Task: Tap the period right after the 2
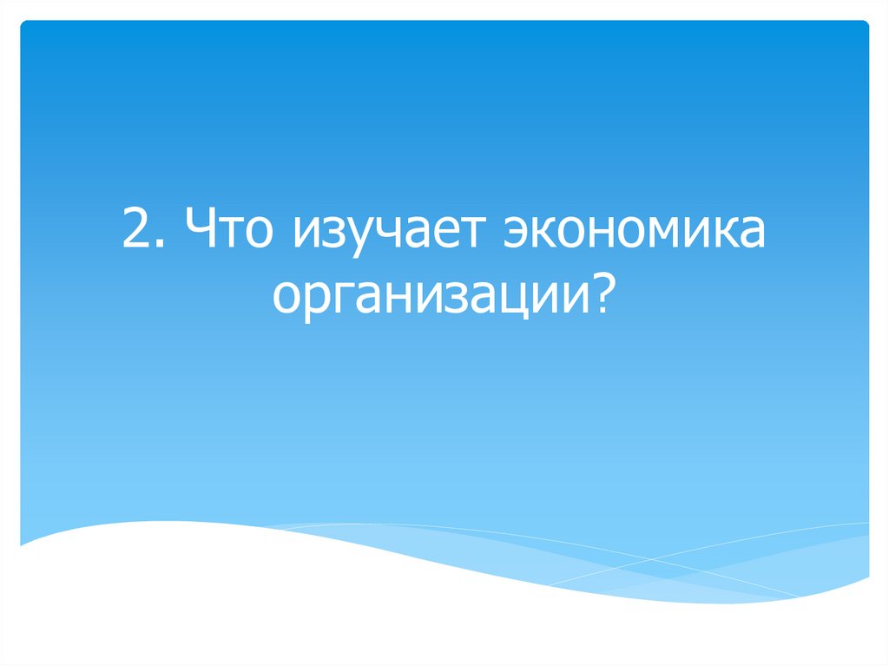[158, 247]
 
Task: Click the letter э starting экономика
[515, 238]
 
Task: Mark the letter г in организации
[334, 299]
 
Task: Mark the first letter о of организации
[286, 299]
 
